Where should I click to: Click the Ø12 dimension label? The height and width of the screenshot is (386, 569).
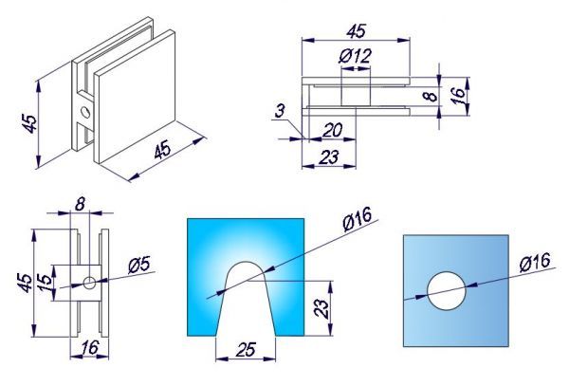click(356, 56)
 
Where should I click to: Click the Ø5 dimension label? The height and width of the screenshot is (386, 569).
click(138, 267)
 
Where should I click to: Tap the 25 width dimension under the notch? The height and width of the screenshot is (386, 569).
click(246, 349)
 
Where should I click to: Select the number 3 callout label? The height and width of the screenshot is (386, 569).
click(280, 111)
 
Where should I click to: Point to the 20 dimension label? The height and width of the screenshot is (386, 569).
click(332, 130)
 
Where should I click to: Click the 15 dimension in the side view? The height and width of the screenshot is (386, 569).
click(45, 284)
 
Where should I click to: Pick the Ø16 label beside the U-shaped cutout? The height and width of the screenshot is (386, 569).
click(358, 219)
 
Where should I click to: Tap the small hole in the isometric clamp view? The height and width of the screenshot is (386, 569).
click(85, 112)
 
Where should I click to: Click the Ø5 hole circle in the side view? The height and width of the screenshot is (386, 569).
click(89, 283)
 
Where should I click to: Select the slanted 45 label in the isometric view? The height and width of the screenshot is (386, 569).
click(162, 150)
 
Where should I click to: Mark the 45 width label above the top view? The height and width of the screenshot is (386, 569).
click(356, 31)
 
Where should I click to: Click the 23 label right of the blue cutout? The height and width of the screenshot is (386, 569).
click(321, 308)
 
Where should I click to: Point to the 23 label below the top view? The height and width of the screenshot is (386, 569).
click(329, 157)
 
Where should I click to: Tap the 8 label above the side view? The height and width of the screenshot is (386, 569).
click(80, 204)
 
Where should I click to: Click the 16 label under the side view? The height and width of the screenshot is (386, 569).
click(89, 348)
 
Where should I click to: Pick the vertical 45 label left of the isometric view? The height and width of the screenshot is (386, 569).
click(29, 123)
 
